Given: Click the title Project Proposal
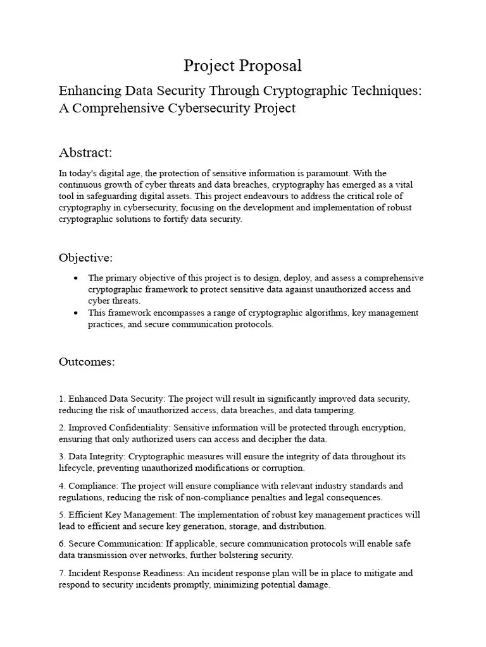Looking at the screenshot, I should click(242, 65).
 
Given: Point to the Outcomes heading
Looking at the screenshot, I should click(87, 361).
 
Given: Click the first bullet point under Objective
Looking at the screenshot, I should click(76, 278).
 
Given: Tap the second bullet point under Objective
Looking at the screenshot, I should click(76, 313).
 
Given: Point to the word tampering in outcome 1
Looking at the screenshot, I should click(335, 411).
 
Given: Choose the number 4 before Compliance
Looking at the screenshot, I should click(61, 486).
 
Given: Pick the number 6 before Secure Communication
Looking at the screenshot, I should click(61, 544).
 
